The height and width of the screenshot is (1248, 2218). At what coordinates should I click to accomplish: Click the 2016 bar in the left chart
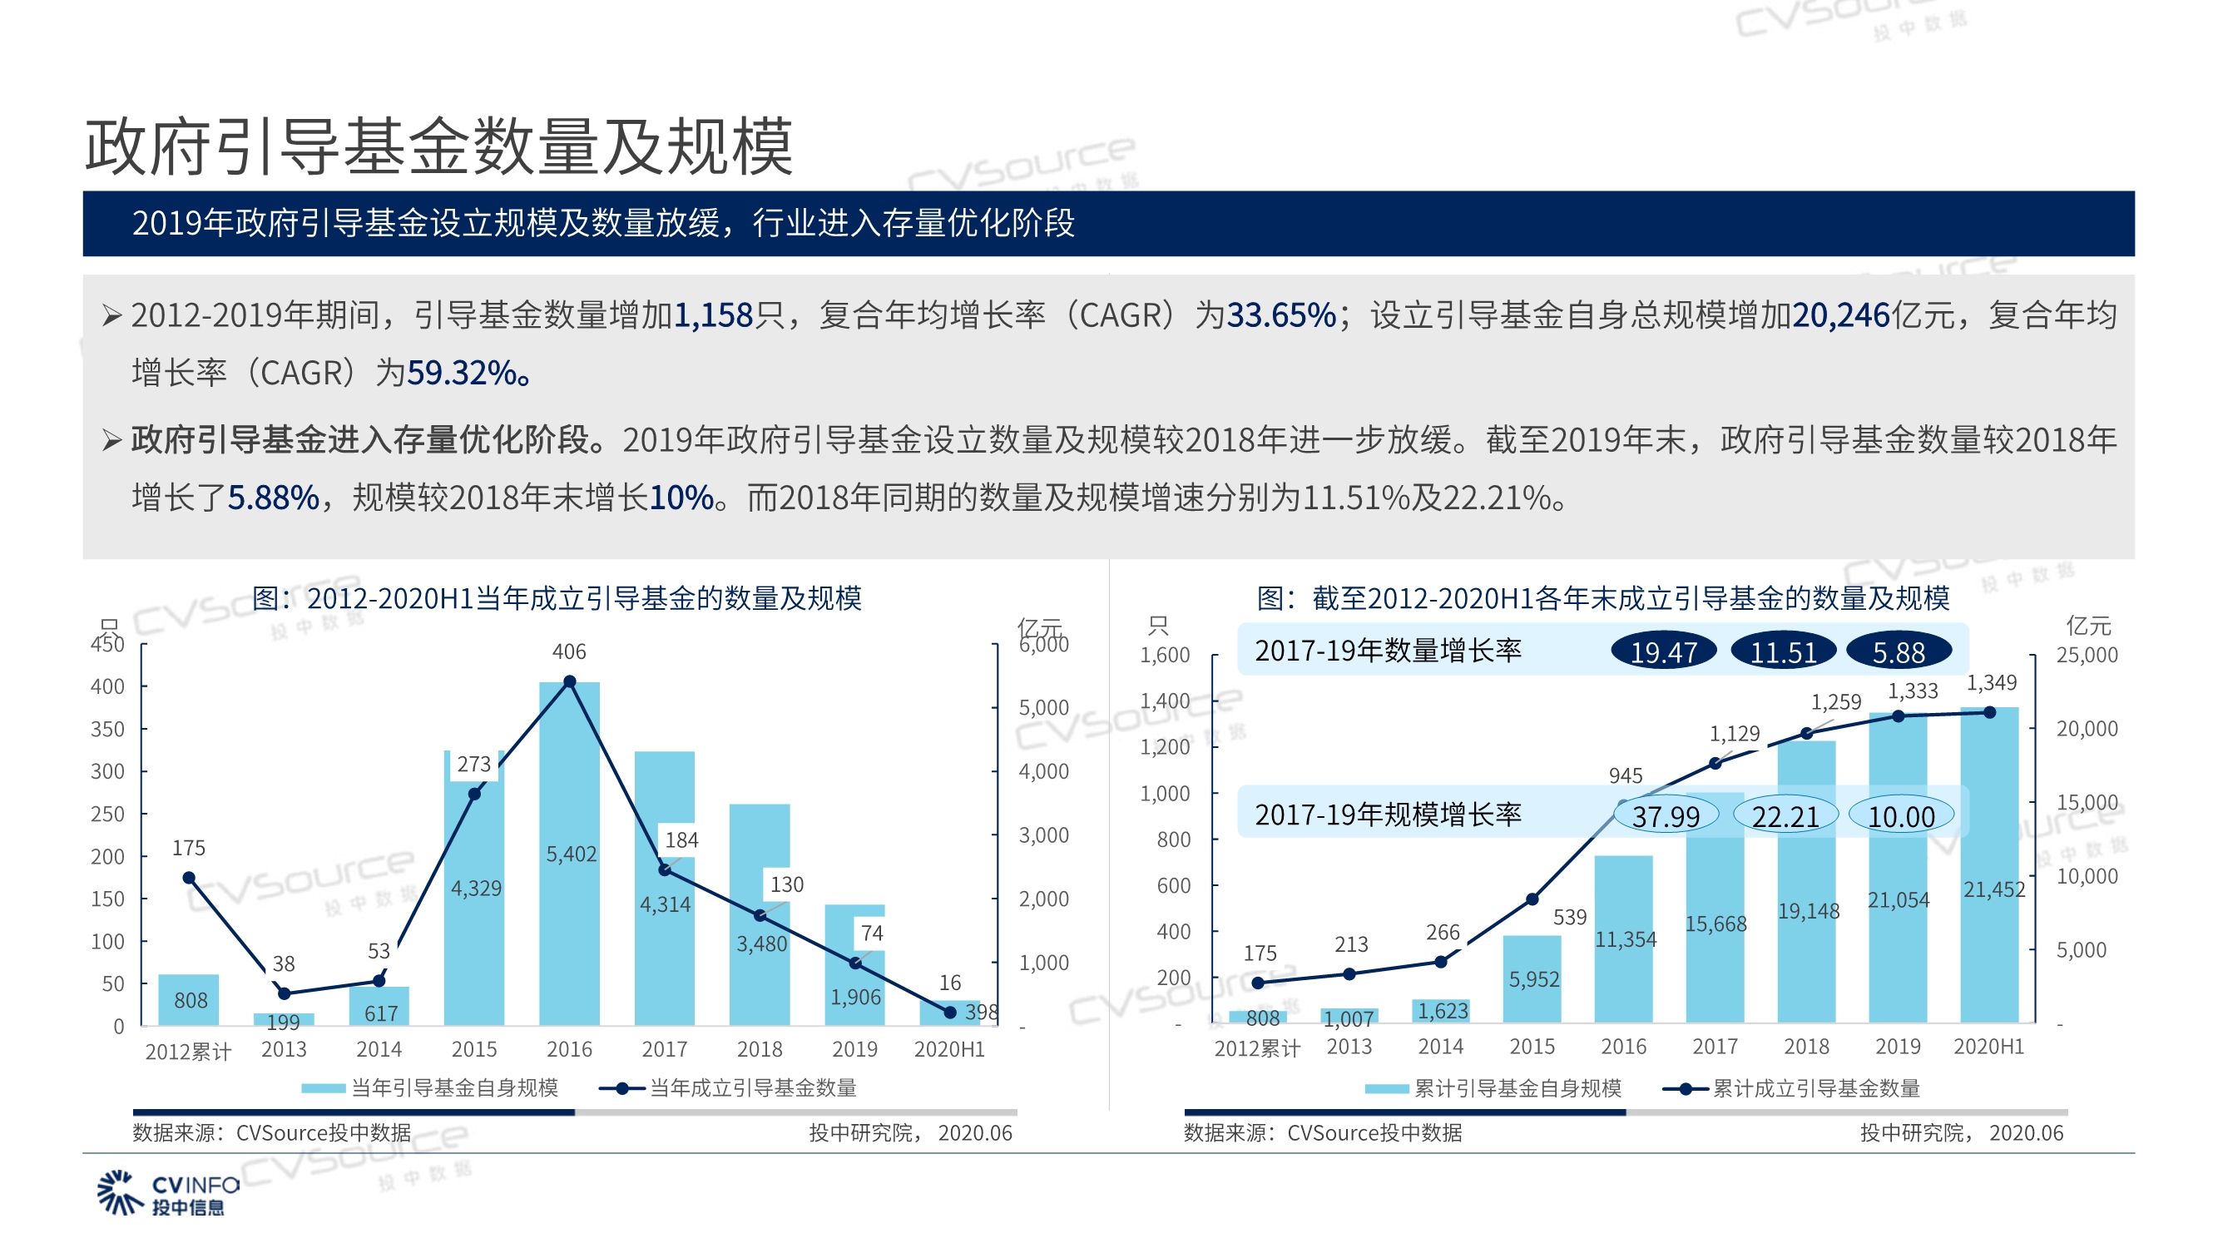(569, 930)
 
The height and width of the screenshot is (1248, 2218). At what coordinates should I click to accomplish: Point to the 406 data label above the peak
(569, 652)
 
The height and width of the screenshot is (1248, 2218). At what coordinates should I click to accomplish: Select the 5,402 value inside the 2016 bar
(571, 854)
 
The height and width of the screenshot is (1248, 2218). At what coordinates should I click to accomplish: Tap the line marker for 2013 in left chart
(285, 994)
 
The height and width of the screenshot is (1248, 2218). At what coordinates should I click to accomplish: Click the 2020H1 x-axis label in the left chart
(949, 1049)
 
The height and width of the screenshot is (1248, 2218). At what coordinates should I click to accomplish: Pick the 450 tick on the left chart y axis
(107, 644)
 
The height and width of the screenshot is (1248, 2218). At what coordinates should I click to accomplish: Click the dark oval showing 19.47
(1664, 653)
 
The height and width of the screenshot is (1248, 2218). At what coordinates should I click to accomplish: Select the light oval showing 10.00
(1901, 816)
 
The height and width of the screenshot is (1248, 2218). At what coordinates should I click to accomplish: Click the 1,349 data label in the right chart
(1992, 683)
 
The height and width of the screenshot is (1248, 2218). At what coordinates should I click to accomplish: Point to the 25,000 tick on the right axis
(2087, 656)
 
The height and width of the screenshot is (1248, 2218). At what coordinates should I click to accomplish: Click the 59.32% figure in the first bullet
(463, 373)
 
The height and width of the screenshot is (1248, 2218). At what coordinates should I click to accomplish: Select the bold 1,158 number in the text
(714, 315)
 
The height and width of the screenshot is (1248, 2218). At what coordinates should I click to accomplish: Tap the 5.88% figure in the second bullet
(273, 498)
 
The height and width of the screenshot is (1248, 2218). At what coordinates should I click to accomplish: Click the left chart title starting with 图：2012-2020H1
(557, 598)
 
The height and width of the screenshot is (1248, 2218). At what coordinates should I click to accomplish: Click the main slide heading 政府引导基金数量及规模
(438, 146)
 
